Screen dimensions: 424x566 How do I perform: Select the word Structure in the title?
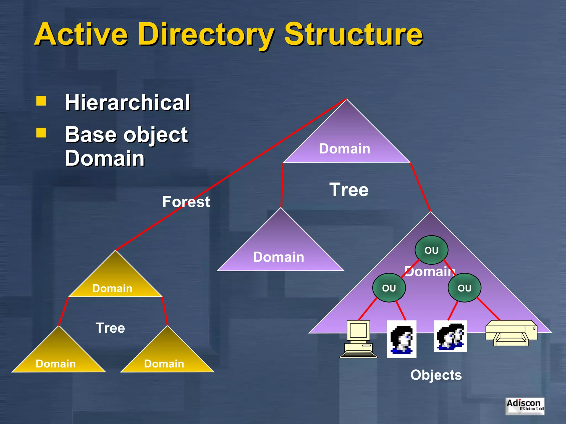pyautogui.click(x=353, y=34)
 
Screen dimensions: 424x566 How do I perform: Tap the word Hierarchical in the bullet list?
pyautogui.click(x=127, y=102)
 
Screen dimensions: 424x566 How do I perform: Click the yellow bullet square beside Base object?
pyautogui.click(x=41, y=133)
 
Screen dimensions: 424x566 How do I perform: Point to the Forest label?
pyautogui.click(x=186, y=202)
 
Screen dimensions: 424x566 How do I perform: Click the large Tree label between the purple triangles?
pyautogui.click(x=349, y=190)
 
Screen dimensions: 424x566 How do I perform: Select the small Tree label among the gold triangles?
pyautogui.click(x=110, y=328)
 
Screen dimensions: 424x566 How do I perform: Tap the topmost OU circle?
pyautogui.click(x=431, y=250)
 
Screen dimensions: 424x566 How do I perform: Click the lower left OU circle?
pyautogui.click(x=389, y=288)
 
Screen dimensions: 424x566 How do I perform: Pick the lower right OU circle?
pyautogui.click(x=464, y=288)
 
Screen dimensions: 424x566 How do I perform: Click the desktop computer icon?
pyautogui.click(x=358, y=339)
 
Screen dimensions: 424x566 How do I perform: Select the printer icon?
pyautogui.click(x=511, y=333)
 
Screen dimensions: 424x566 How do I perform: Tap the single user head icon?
pyautogui.click(x=401, y=339)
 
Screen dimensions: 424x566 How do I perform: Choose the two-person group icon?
pyautogui.click(x=450, y=336)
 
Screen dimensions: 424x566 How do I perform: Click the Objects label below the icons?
pyautogui.click(x=436, y=375)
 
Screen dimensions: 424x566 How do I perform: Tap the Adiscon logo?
pyautogui.click(x=525, y=406)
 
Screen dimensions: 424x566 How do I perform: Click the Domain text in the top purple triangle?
pyautogui.click(x=344, y=149)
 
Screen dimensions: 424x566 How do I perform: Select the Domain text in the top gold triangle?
pyautogui.click(x=112, y=288)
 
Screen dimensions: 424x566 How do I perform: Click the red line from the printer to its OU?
pyautogui.click(x=489, y=309)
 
